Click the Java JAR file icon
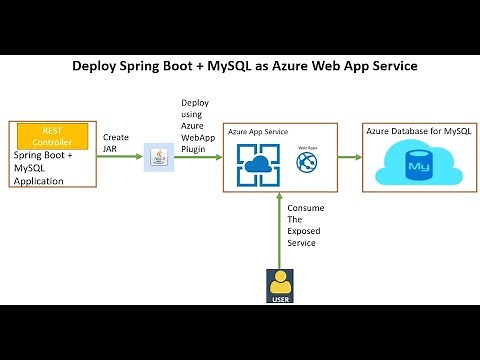click(158, 156)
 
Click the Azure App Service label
click(257, 131)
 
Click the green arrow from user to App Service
click(281, 230)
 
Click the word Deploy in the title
click(98, 66)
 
